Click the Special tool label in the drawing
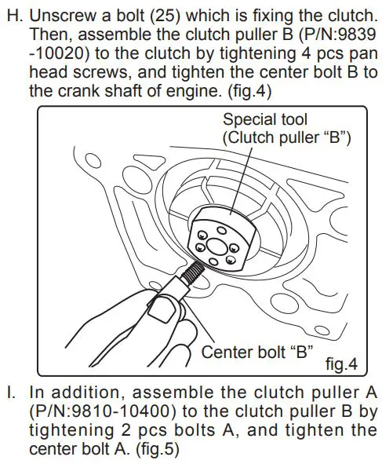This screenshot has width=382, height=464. [x=264, y=119]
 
